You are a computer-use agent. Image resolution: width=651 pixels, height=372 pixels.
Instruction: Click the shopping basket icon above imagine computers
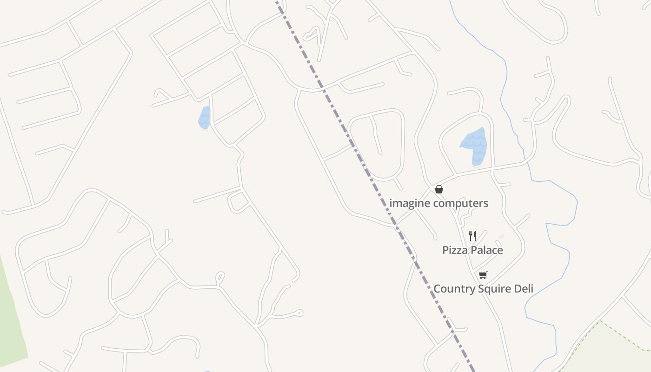click(x=438, y=189)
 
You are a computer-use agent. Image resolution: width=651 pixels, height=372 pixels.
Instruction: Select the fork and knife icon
click(x=472, y=236)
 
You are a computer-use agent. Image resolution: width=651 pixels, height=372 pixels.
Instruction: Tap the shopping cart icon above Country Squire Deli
click(x=483, y=275)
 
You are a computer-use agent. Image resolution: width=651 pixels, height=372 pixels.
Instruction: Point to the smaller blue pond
click(x=204, y=118)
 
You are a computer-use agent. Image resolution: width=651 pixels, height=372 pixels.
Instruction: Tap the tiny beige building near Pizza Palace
click(x=501, y=237)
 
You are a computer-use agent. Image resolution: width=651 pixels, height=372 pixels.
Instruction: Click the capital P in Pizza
click(x=445, y=250)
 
